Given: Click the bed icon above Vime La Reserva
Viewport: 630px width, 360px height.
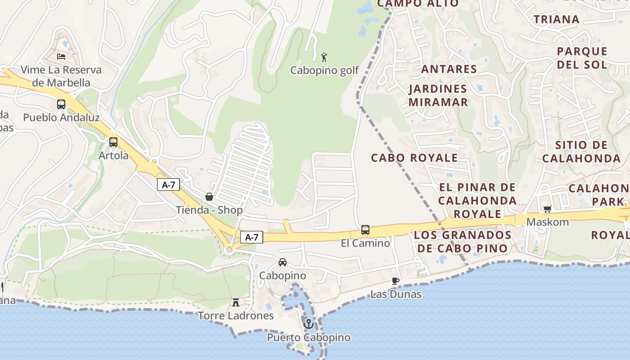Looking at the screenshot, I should pos(61,57).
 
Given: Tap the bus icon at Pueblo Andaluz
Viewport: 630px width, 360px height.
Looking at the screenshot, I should pos(61,104).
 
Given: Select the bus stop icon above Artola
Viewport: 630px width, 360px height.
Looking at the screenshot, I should pos(113,142).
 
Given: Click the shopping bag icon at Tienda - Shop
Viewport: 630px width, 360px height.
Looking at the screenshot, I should pos(209,197).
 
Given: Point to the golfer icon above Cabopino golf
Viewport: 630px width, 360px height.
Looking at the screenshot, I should pos(324,57).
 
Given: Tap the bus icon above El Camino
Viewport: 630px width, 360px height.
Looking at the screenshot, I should pos(365,230).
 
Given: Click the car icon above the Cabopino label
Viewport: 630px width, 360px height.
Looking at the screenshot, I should pos(283,262).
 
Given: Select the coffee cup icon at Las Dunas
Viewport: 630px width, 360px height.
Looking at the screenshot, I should pos(396,281).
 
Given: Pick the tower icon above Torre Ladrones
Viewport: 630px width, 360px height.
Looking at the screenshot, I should pos(235,302).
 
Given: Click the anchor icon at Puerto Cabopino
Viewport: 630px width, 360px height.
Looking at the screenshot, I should pos(309,324).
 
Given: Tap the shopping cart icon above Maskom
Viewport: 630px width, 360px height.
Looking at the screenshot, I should pos(548,209).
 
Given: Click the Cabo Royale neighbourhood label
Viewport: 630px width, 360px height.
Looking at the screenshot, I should pos(414,158).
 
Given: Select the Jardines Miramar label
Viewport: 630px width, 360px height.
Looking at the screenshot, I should pos(438,95).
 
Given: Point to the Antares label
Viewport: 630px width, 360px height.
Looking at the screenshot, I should pos(449,69).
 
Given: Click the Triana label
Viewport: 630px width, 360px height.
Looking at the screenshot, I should pos(556,19).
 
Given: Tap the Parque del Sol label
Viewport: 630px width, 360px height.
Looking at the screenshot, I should pos(582,58).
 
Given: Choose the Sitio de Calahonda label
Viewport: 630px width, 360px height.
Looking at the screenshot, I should pos(581,152).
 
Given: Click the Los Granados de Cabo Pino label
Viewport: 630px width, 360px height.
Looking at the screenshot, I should pos(463,242).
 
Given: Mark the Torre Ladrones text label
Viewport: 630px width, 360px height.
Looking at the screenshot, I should pos(236,316).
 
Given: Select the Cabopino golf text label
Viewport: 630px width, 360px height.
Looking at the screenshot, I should pos(324,71).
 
